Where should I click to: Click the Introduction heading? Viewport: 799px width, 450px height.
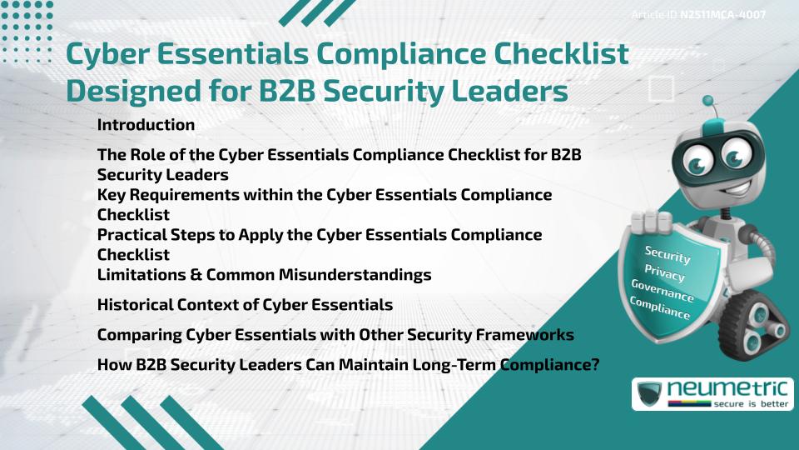coord(146,125)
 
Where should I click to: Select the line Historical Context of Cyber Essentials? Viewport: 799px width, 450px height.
coord(245,305)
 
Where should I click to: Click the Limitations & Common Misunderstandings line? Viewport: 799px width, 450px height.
coord(264,274)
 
